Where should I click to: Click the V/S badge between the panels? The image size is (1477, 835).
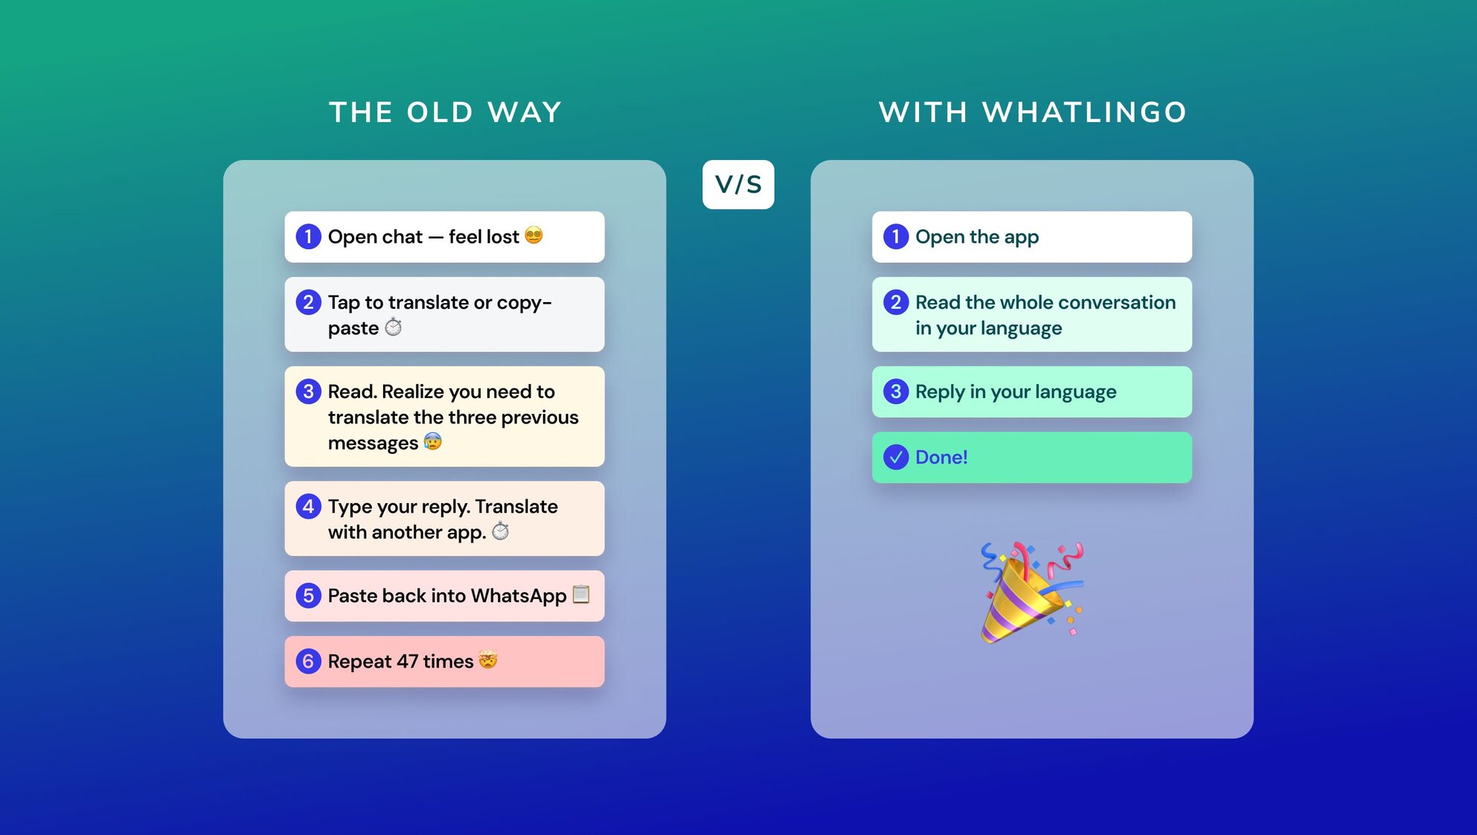(x=738, y=185)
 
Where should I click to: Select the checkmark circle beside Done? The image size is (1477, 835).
(x=896, y=457)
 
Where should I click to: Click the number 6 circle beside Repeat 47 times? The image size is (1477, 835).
(x=308, y=661)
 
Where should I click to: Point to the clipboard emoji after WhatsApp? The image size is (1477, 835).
(x=581, y=594)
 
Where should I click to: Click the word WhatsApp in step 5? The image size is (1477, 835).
(x=519, y=596)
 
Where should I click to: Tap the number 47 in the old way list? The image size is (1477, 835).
(x=407, y=662)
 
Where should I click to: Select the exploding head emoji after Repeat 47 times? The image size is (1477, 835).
(x=488, y=659)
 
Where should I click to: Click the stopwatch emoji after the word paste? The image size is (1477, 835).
(x=393, y=327)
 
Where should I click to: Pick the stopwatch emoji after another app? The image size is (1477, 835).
(x=501, y=531)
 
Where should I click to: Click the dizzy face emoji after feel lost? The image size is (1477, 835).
(x=534, y=235)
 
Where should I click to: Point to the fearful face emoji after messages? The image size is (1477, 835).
(x=432, y=441)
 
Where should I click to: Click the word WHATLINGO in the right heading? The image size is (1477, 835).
(x=1085, y=112)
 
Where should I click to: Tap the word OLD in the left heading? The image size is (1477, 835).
(x=440, y=112)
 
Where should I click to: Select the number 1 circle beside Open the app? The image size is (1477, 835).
(x=896, y=237)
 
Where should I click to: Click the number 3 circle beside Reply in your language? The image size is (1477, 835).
(x=896, y=391)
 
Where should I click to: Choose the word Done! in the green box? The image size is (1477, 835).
(x=941, y=457)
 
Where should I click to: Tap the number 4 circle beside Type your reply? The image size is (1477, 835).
(x=308, y=506)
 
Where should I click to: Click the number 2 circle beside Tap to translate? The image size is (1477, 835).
(x=308, y=302)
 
